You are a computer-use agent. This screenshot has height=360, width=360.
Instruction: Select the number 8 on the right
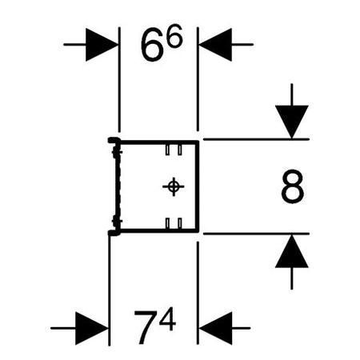pos(292,189)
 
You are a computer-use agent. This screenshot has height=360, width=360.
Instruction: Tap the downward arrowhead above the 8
pos(293,122)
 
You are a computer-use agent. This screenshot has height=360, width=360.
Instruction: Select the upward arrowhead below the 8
pos(293,252)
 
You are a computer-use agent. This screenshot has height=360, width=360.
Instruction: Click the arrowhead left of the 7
pos(93,328)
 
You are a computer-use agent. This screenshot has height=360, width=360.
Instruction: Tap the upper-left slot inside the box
pos(166,150)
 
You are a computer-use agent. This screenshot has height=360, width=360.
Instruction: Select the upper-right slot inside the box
pos(182,150)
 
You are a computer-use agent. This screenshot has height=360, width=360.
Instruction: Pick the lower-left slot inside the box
pos(166,222)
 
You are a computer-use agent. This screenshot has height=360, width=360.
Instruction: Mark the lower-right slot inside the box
pos(182,222)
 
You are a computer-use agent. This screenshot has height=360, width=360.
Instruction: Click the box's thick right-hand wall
pos(197,186)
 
